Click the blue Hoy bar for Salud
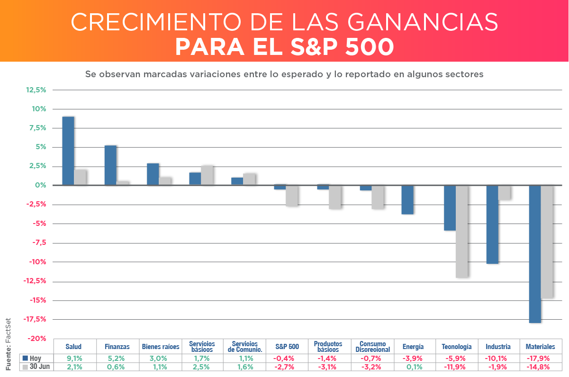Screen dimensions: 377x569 pos(68,151)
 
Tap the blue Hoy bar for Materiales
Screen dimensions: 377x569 pos(535,254)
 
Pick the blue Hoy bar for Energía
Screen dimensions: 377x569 pos(407,200)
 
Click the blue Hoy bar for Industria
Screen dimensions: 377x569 pos(492,224)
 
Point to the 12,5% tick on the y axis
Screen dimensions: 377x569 pos(36,90)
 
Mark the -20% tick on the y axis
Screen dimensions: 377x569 pos(37,338)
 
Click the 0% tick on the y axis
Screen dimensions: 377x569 pos(40,185)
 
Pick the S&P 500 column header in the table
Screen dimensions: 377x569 pos(287,347)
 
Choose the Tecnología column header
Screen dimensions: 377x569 pos(456,347)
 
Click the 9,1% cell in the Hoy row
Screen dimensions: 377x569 pos(75,358)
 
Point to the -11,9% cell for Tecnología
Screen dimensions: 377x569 pos(456,367)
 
